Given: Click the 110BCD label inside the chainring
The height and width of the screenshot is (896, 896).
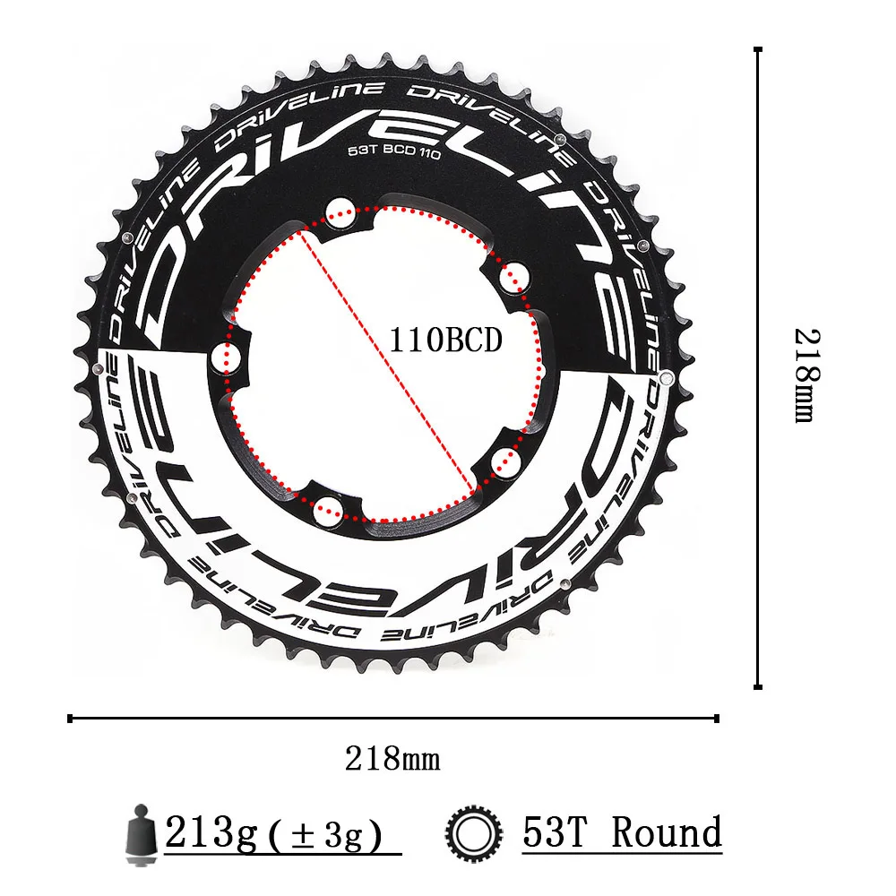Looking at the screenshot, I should pos(445,340).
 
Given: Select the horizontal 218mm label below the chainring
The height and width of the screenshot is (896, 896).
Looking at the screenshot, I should pos(392,760).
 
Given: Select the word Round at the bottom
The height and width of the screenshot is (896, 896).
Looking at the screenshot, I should pos(668,833).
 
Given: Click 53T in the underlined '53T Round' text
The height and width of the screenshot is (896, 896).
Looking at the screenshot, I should pos(559,833).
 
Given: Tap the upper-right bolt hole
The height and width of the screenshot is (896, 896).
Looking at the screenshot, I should pos(513,277).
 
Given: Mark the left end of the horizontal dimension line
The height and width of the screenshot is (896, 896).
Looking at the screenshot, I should pos(70,717).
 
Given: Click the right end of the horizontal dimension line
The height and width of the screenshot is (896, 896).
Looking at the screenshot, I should pos(717,717).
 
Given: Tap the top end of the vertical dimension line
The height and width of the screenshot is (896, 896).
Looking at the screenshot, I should pos(758,49).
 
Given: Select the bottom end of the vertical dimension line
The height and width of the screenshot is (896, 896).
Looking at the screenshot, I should pos(758,686).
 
